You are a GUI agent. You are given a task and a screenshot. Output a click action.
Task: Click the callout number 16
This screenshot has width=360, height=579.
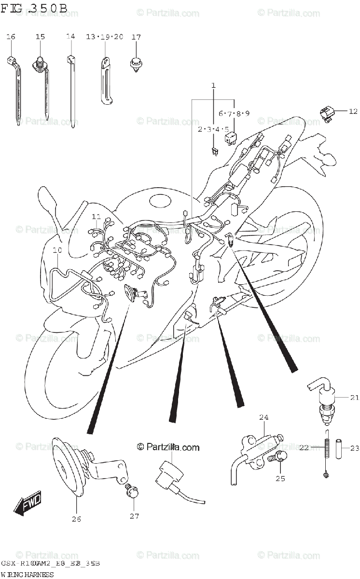pos(11,37)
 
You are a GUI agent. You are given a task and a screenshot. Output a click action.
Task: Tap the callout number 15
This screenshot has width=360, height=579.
pos(40,37)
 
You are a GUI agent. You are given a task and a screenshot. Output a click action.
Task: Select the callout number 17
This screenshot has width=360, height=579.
pos(136,37)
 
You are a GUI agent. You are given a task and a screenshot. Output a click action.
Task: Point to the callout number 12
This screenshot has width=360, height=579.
pos(353,111)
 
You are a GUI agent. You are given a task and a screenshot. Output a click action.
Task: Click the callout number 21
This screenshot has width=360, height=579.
pos(355,398)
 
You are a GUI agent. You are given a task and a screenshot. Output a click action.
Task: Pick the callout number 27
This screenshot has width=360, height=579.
pos(134,516)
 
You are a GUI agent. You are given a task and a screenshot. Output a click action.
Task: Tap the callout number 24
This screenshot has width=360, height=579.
pos(263,417)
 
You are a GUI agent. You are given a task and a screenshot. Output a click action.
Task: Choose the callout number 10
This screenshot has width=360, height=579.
pos(57,250)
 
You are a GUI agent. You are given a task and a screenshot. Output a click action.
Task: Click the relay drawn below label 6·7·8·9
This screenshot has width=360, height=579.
pos(230,138)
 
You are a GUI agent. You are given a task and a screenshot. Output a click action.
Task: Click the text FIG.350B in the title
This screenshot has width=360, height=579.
pos(34,8)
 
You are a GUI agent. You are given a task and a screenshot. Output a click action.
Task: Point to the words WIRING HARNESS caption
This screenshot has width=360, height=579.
pos(27,574)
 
